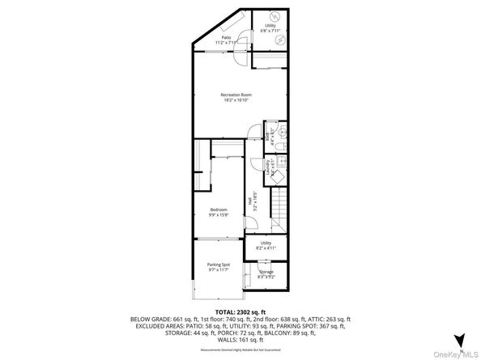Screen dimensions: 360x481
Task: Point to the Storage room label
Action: click(x=266, y=273)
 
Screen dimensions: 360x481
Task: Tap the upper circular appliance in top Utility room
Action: click(x=275, y=17)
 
